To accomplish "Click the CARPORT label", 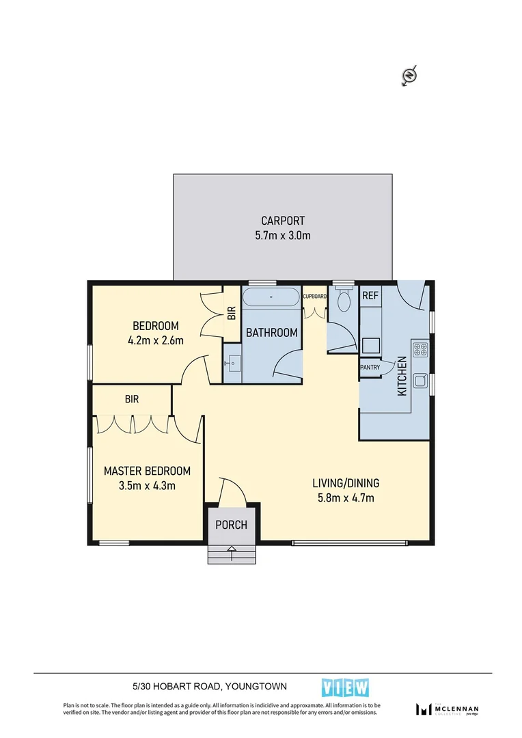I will coord(282,221).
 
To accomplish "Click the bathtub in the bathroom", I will coord(272,297).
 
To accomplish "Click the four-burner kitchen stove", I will coord(420,351).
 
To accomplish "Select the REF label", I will coord(370,296).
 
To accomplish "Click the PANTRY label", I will coord(370,367).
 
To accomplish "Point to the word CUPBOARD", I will coord(314,297).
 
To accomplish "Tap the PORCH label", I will coord(231,525).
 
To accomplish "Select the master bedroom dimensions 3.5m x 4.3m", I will coord(147,486).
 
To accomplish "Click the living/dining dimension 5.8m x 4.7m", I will coord(346,497).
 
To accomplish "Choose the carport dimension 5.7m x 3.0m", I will coord(282,236).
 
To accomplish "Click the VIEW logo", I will coord(345,687).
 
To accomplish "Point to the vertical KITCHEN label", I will coord(402,378).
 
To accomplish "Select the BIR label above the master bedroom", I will coord(132,399).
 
